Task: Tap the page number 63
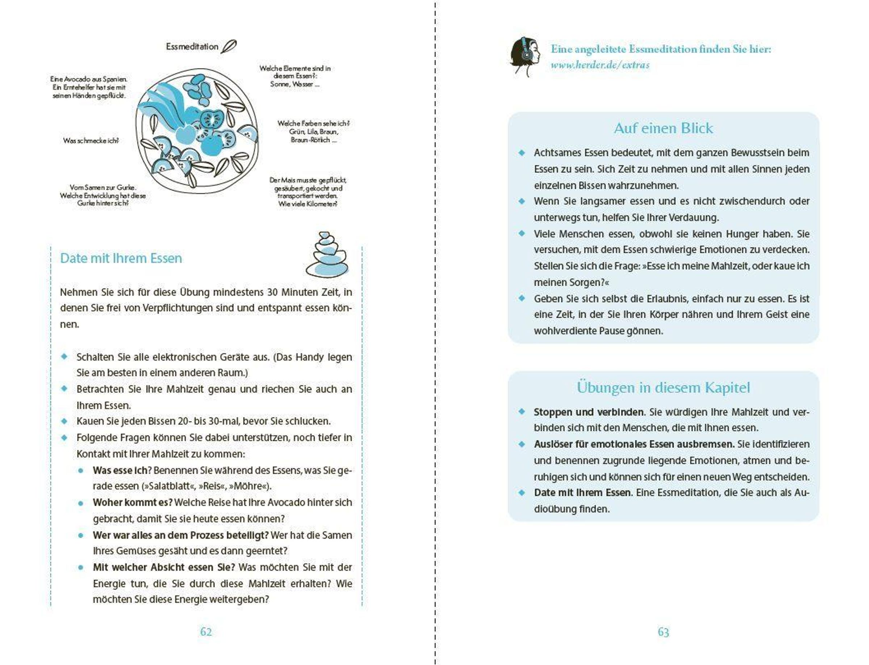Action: click(664, 632)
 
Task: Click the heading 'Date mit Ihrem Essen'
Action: click(121, 258)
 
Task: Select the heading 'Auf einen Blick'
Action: click(664, 128)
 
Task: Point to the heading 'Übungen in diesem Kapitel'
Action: click(664, 387)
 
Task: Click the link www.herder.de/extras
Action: click(600, 65)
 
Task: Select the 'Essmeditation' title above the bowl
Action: click(192, 47)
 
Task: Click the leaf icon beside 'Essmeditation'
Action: click(229, 46)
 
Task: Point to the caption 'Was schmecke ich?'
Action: click(91, 140)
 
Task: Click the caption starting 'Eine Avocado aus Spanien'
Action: click(89, 88)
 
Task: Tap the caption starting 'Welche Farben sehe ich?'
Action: click(313, 132)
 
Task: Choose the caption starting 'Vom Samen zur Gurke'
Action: click(103, 195)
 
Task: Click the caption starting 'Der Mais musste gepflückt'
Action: click(308, 192)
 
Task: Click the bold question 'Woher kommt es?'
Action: click(133, 503)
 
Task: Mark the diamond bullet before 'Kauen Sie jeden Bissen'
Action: click(64, 421)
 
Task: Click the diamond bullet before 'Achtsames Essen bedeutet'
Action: click(522, 153)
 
